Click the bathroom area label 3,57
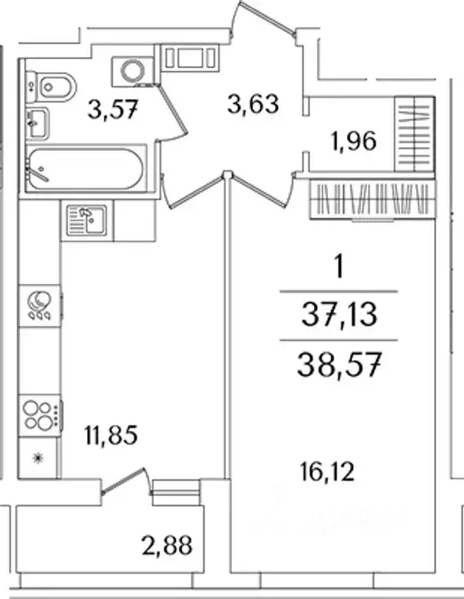coord(112,109)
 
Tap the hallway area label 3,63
coord(253,104)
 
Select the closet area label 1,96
coord(354,141)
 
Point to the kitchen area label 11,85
coord(111,435)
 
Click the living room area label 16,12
coord(327,472)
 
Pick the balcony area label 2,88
coord(166,545)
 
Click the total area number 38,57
coord(339,365)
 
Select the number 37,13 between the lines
coord(339,316)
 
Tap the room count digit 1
coord(339,267)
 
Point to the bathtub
coord(86,169)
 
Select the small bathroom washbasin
coord(37,123)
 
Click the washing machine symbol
coord(134,70)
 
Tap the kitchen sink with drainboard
coord(87,220)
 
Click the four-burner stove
coord(40,415)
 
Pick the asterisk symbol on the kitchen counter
coord(37,458)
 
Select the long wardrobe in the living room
coord(373,198)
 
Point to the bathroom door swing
coord(172,111)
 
